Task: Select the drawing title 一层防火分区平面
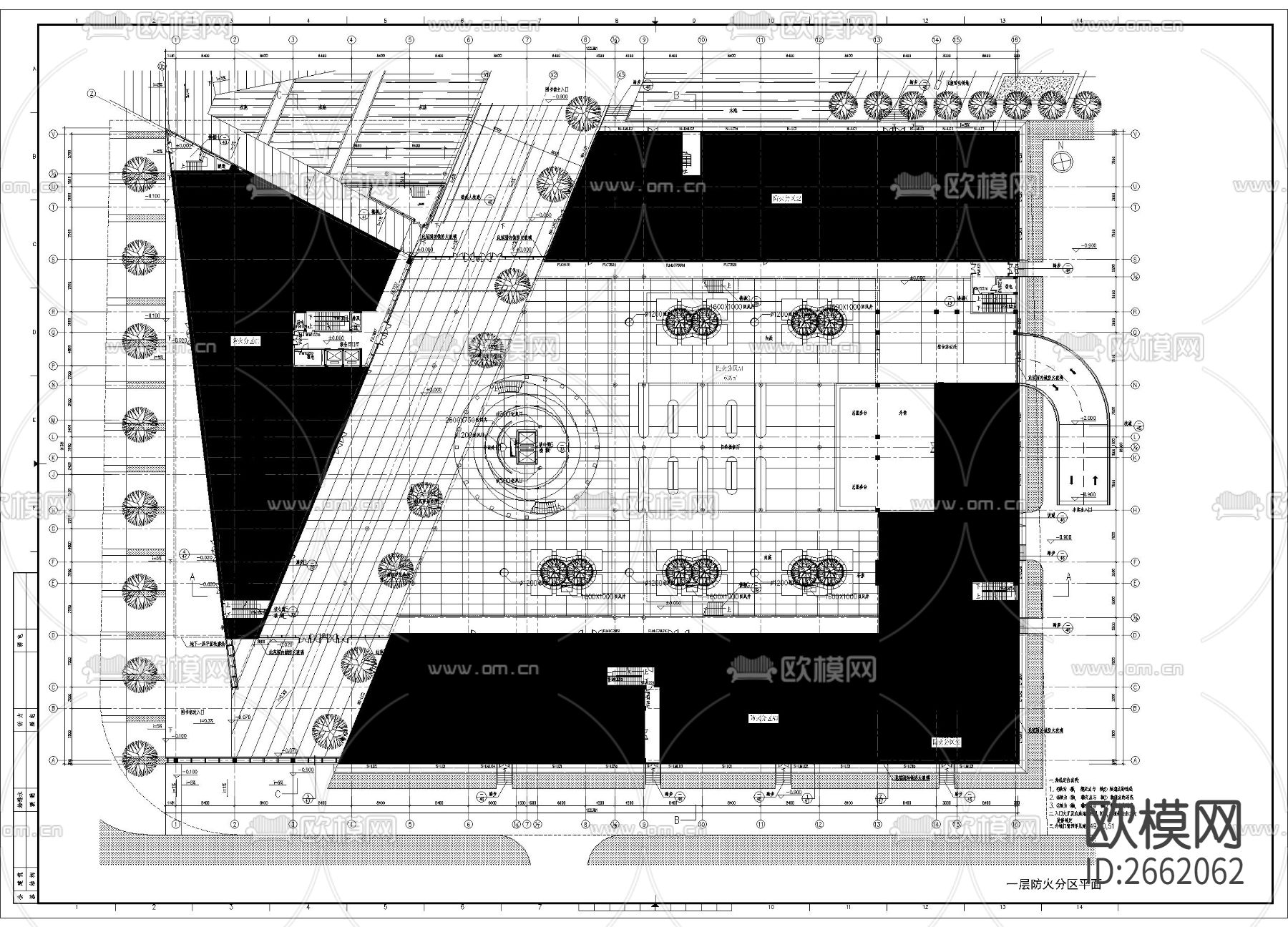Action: pos(1053,884)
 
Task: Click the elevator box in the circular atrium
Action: pos(526,448)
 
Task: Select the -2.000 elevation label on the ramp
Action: pos(1088,418)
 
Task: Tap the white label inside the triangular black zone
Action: pos(245,341)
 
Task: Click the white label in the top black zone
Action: pos(786,198)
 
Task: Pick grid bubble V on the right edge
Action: pos(1136,134)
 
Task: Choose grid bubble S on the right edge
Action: pos(1136,260)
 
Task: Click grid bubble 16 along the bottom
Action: pos(1015,825)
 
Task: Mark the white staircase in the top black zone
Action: pos(690,162)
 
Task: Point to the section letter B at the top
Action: pos(676,94)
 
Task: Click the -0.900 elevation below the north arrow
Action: pos(1088,246)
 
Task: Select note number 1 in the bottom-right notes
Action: pos(1052,788)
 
